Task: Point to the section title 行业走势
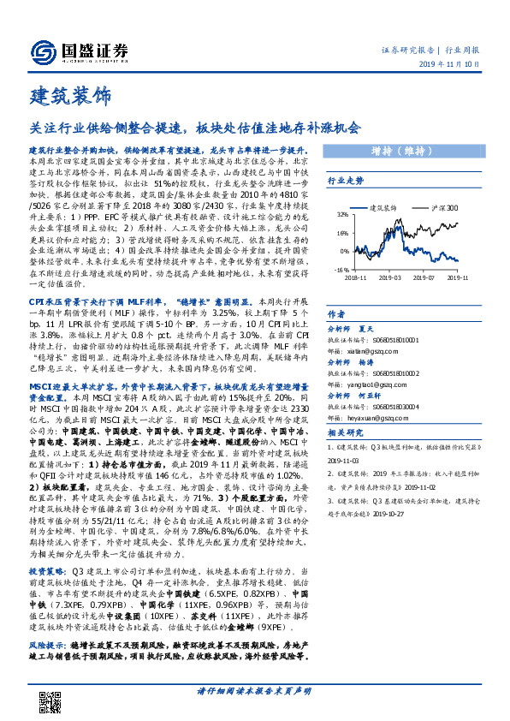[x=345, y=181]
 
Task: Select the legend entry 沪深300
[x=438, y=207]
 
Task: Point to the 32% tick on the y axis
[x=341, y=215]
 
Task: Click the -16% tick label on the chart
[x=340, y=269]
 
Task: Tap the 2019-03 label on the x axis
[x=391, y=277]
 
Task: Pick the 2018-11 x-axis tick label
[x=356, y=277]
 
